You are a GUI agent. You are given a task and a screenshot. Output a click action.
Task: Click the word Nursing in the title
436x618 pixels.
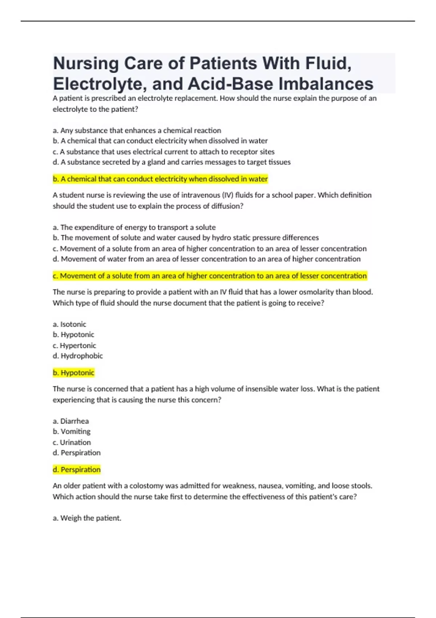pos(86,64)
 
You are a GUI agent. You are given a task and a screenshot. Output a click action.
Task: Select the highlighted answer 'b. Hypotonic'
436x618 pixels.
pos(73,373)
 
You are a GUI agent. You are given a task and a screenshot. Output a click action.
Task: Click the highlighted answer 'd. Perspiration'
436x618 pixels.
pos(77,470)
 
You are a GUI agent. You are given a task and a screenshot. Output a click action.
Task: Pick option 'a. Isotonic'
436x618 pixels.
pos(69,324)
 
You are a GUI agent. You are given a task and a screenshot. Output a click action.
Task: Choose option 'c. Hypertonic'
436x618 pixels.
pos(74,345)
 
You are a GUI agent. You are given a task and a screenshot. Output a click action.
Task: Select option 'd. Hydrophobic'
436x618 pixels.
pos(78,356)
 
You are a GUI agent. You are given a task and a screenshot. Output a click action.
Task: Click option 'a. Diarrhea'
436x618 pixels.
pos(71,421)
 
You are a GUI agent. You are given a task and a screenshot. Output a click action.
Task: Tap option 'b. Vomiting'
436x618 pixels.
pos(72,432)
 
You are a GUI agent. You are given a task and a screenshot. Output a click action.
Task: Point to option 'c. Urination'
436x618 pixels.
pos(72,442)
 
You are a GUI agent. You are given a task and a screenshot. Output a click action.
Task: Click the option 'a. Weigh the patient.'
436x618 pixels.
pos(87,518)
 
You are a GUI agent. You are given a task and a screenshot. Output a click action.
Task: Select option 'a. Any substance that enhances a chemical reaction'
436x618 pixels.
pos(137,131)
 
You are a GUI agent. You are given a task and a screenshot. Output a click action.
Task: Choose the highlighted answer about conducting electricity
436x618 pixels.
pos(160,179)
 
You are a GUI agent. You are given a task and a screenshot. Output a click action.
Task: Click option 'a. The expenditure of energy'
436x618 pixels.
pos(134,228)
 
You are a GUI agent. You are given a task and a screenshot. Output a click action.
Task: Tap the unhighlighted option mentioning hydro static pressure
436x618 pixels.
pos(186,238)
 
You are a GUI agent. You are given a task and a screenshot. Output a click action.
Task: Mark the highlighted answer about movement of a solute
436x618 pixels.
pos(210,276)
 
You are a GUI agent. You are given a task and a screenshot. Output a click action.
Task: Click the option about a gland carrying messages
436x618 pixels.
pos(172,162)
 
